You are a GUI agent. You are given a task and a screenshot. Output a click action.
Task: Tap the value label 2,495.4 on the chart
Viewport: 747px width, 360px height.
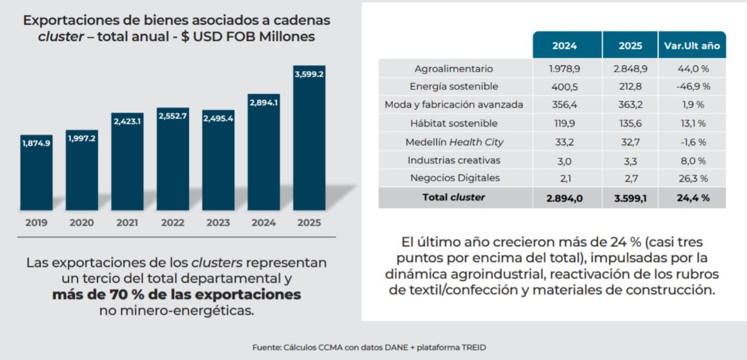coord(218,118)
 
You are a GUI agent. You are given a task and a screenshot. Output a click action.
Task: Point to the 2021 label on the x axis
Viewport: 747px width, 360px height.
coord(127,223)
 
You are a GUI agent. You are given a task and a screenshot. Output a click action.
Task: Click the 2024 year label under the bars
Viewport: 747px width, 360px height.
coord(263,223)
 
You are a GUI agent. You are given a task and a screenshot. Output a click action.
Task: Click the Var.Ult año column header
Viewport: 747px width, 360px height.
coord(692,45)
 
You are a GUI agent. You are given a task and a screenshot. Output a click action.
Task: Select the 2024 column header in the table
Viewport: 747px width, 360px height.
coord(564,45)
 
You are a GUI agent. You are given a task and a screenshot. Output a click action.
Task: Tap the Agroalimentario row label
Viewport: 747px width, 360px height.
coord(453,68)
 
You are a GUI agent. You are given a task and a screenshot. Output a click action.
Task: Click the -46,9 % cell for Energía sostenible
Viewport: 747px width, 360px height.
coord(692,87)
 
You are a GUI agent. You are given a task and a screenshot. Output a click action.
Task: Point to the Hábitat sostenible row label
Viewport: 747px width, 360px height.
coord(453,123)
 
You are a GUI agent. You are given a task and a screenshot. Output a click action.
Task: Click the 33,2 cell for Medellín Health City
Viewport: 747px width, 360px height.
coord(564,142)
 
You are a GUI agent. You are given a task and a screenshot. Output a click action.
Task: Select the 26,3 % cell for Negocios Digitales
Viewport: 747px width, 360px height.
coord(692,178)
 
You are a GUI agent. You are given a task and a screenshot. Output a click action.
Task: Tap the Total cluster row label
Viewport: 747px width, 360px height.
coord(453,197)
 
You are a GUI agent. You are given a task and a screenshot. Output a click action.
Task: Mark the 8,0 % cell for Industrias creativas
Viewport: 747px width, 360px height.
coord(692,160)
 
